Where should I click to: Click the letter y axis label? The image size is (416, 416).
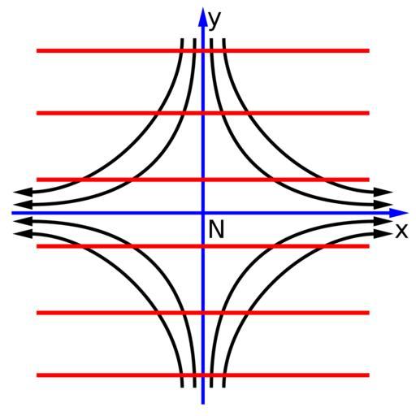click(x=215, y=20)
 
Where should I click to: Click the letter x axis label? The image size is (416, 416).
click(x=401, y=231)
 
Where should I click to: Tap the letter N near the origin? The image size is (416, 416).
click(x=216, y=229)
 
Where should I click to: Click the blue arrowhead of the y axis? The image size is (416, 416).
click(x=202, y=17)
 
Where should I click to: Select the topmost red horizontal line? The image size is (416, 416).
click(x=203, y=50)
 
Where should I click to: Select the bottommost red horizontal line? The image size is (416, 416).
click(x=203, y=375)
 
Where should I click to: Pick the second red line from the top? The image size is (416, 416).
click(x=203, y=113)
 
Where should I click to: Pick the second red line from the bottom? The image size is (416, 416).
click(x=203, y=313)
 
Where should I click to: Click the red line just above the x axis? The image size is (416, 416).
click(x=203, y=180)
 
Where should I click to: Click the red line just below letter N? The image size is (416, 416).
click(x=203, y=246)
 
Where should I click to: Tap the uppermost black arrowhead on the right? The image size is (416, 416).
click(x=383, y=192)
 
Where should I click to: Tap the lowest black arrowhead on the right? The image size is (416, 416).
click(x=383, y=234)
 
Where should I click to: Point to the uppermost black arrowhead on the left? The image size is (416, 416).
click(x=23, y=192)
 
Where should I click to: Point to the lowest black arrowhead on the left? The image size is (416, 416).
click(x=23, y=234)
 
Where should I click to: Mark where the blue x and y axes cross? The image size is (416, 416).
click(x=203, y=213)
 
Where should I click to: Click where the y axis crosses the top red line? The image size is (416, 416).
click(x=203, y=50)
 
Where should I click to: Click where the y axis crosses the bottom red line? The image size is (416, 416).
click(x=203, y=375)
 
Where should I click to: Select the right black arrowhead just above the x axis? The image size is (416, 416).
click(x=383, y=205)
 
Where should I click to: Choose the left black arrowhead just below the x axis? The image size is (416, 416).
click(x=23, y=221)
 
